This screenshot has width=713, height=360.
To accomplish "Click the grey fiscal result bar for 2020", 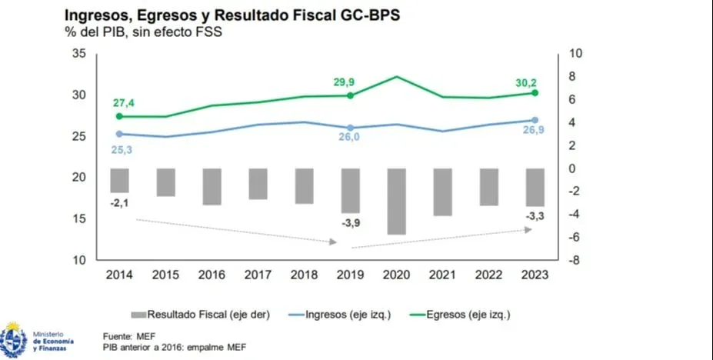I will (x=396, y=201).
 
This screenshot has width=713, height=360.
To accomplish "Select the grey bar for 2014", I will (x=119, y=181).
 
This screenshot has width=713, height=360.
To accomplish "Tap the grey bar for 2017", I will (x=258, y=184).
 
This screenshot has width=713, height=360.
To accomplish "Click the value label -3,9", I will (x=349, y=222).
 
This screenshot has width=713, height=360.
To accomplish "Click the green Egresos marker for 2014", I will (x=119, y=116).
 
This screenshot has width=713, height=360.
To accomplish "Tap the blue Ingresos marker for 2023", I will (x=535, y=120).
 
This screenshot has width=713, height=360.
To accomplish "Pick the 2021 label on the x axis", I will (x=442, y=275).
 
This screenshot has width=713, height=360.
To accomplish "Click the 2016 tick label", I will (x=212, y=275).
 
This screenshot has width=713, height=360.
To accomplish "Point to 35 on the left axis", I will (x=78, y=53).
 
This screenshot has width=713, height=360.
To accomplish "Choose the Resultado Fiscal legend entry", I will (x=193, y=314).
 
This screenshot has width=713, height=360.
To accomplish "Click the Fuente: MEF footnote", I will (x=128, y=336).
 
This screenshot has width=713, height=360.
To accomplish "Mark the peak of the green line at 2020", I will (x=396, y=76).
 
